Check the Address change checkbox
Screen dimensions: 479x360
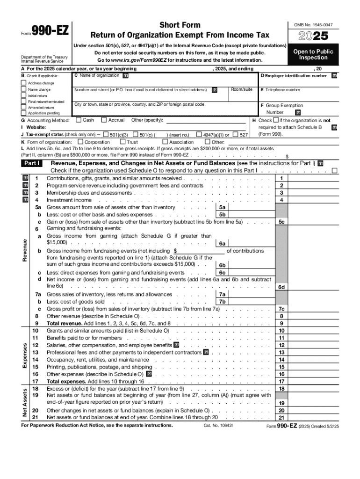pyautogui.click(x=23, y=83)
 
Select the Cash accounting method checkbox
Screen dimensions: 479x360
pyautogui.click(x=78, y=120)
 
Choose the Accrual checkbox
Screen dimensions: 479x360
pyautogui.click(x=104, y=120)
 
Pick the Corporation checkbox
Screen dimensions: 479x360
pyautogui.click(x=80, y=142)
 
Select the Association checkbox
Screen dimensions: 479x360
pyautogui.click(x=165, y=142)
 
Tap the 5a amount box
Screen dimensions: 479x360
pyautogui.click(x=223, y=207)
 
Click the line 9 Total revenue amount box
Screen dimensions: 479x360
pyautogui.click(x=281, y=323)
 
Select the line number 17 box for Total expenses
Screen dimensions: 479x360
pyautogui.click(x=281, y=381)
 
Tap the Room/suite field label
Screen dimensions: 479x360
pyautogui.click(x=242, y=89)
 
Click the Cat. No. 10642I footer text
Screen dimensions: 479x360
pyautogui.click(x=218, y=426)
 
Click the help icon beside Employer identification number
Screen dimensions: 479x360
pyautogui.click(x=334, y=76)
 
